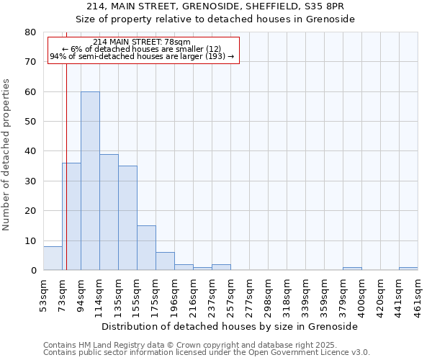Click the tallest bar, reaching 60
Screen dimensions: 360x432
[90, 181]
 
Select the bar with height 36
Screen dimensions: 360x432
[71, 216]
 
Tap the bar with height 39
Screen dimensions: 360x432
[109, 212]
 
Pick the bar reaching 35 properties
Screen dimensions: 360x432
[127, 217]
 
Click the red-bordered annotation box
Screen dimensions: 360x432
[143, 49]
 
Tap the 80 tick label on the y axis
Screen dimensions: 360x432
[30, 32]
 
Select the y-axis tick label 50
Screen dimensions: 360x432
[30, 122]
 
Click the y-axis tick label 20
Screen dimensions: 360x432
[30, 211]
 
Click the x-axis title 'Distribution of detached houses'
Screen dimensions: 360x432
[230, 326]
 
